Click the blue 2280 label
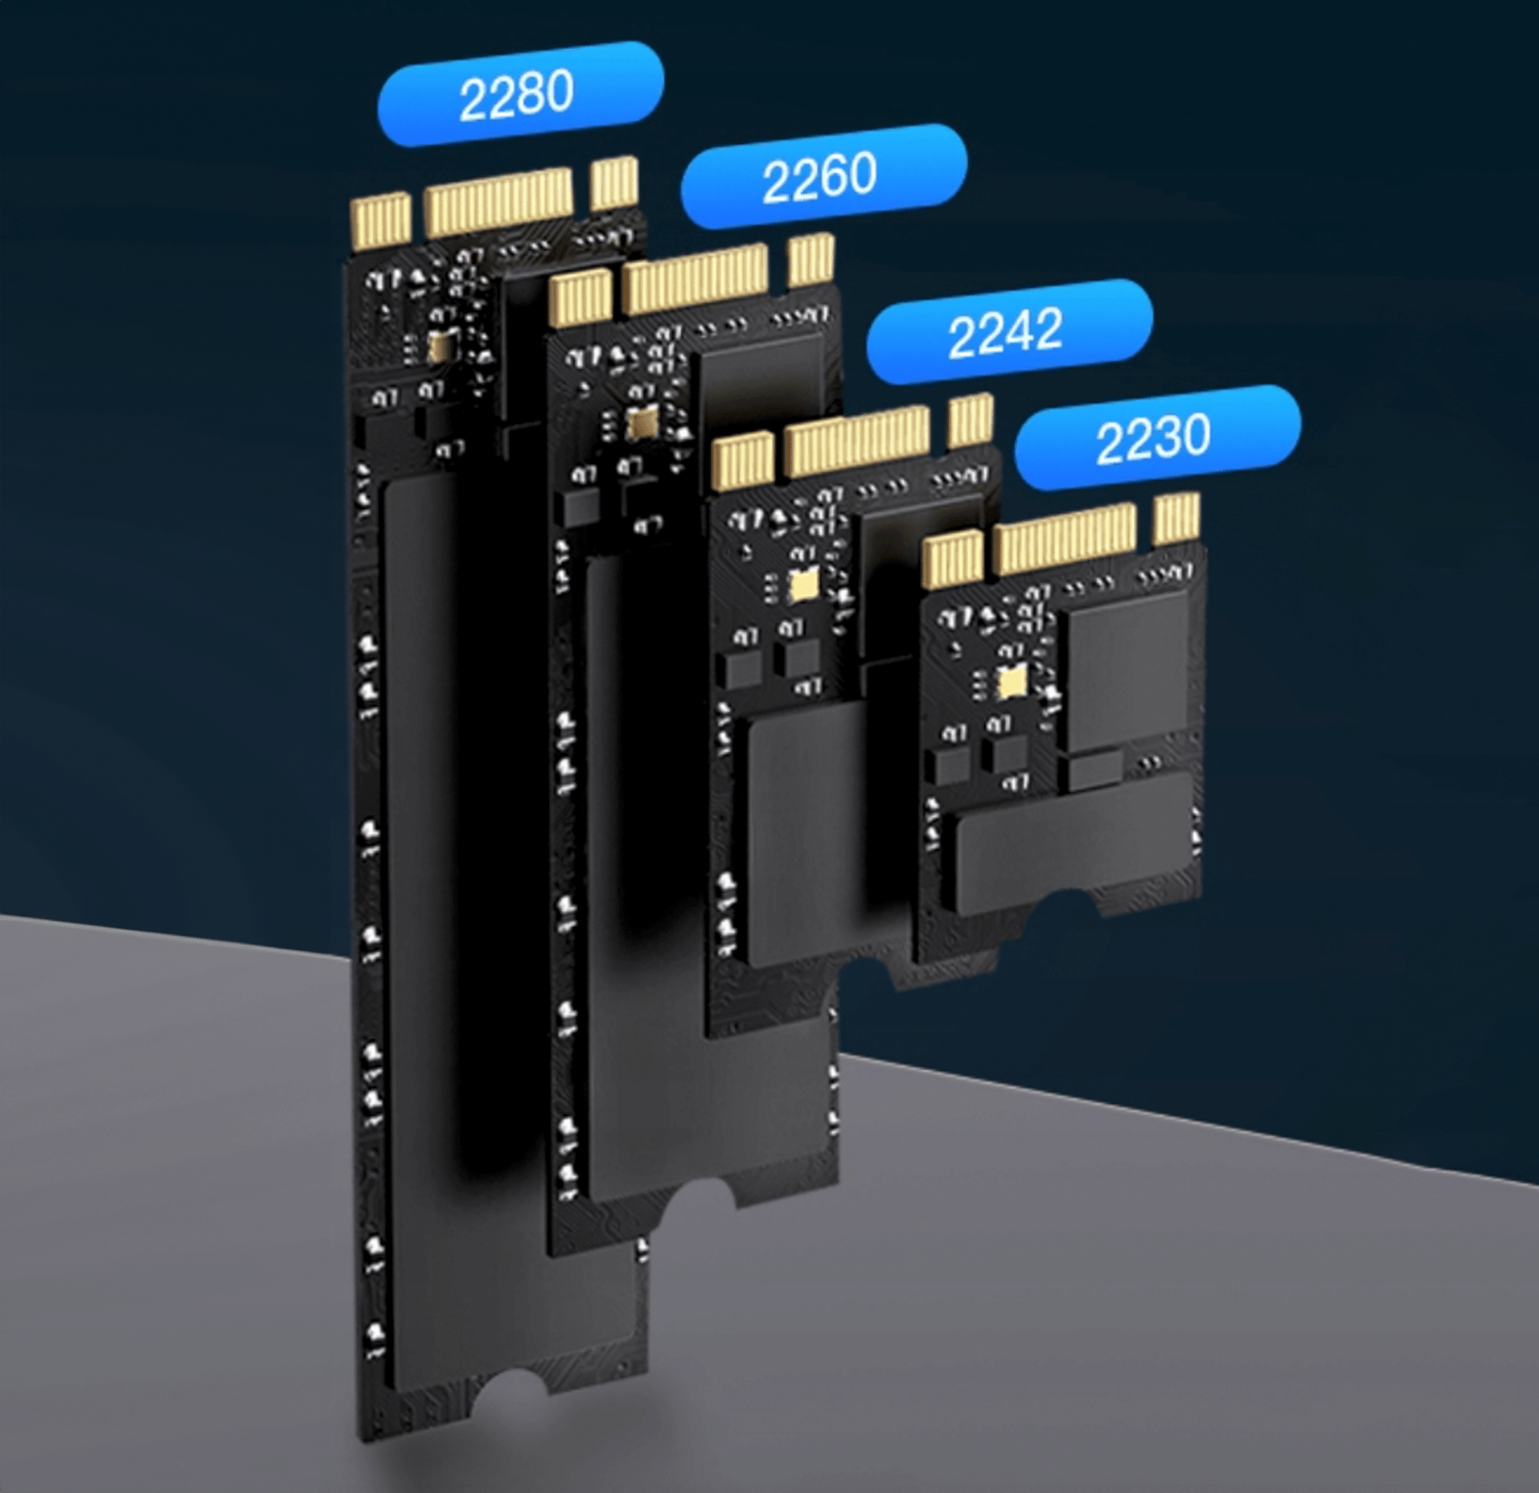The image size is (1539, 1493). coord(520,94)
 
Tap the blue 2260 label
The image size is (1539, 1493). coord(822,176)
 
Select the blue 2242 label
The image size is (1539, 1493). coord(1008,331)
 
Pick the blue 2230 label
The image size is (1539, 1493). coord(1156,437)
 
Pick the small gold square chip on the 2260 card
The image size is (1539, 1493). coord(642,424)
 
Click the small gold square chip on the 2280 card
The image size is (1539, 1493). coord(440,345)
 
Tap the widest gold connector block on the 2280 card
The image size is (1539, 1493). coord(498,202)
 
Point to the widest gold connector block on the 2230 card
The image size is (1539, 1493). coord(1065,539)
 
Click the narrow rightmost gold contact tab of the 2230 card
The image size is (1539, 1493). coord(1177,518)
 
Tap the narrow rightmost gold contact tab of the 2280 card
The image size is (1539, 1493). coord(614,183)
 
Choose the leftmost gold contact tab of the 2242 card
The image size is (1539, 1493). coord(743,461)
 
